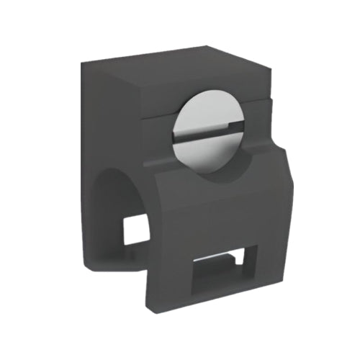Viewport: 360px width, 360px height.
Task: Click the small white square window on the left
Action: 135,228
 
